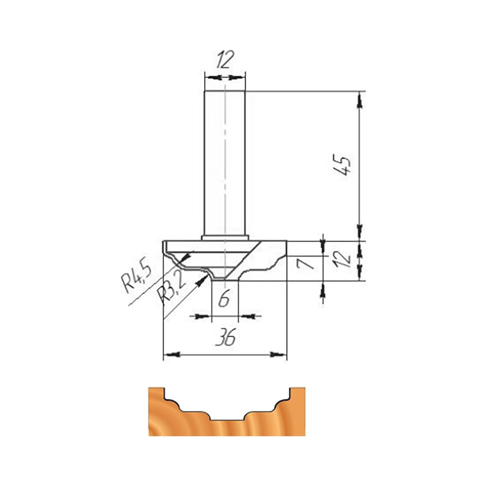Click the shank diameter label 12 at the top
click(225, 59)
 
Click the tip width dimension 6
click(224, 298)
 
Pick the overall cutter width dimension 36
click(226, 337)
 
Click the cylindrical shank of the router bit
click(225, 163)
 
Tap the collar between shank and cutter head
click(225, 238)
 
